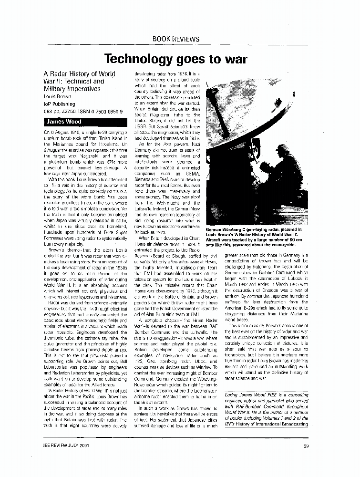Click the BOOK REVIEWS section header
coord(176,39)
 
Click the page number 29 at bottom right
coord(306,446)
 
